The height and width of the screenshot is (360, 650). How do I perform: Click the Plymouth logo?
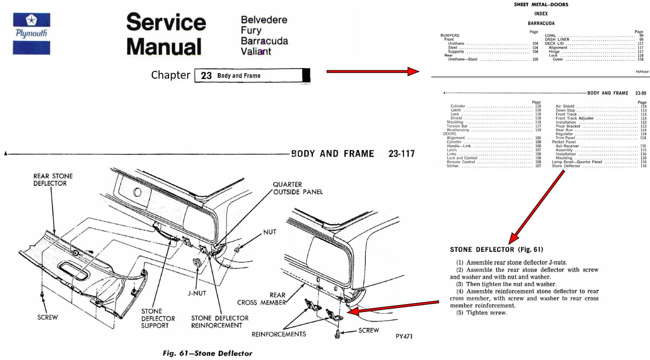32,33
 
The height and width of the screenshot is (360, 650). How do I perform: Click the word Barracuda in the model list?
264,41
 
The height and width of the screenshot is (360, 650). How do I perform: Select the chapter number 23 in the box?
206,76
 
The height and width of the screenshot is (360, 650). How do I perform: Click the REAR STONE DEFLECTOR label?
53,180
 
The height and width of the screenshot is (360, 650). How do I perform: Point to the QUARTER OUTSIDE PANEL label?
297,188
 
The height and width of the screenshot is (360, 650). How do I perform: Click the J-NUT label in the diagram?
197,293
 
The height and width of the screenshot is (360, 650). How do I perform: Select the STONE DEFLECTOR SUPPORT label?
158,318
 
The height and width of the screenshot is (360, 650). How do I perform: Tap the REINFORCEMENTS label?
279,334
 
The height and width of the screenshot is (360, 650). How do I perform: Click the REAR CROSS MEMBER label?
262,299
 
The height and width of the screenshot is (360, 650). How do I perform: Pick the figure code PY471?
404,336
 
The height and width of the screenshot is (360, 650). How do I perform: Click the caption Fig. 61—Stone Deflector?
207,353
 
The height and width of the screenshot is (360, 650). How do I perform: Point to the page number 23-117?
401,153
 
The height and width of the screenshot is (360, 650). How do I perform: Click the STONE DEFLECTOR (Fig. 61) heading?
496,249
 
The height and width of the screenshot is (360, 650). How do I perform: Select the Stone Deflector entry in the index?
566,166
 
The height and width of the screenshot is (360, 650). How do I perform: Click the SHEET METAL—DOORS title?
541,5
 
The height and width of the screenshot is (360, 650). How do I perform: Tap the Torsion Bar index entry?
457,126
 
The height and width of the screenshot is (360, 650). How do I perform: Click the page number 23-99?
641,93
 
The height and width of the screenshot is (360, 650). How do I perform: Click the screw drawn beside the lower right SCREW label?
337,334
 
